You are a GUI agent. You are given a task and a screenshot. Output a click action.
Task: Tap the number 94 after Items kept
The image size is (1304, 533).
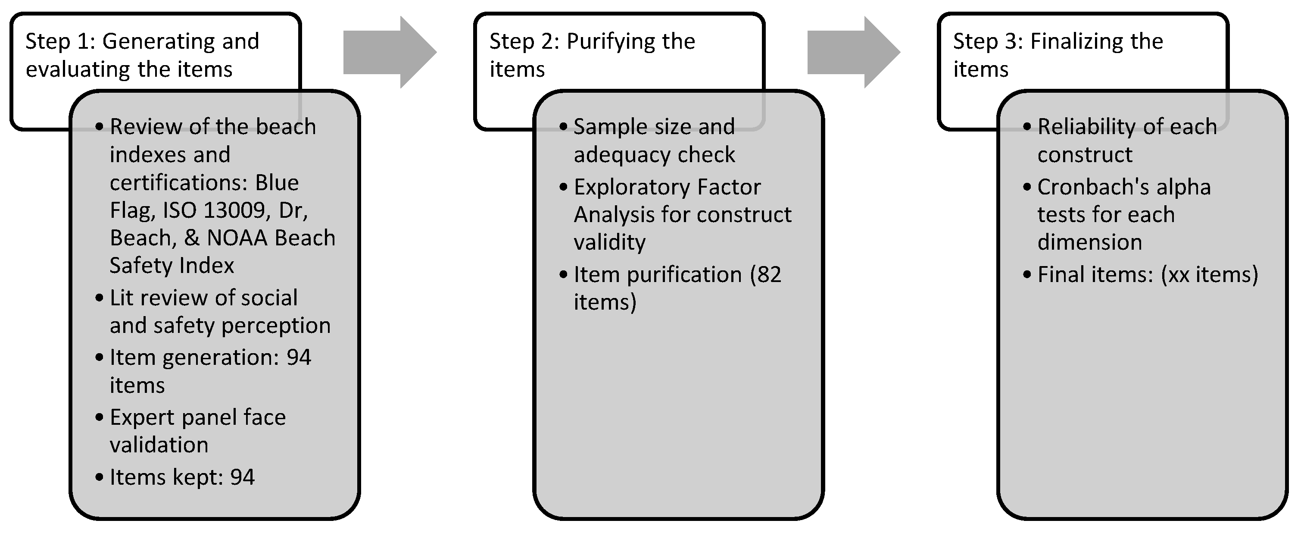(x=242, y=477)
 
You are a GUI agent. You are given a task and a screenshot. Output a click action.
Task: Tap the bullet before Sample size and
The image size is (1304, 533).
(x=563, y=127)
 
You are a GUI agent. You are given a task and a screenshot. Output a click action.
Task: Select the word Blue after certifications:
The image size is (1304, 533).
(x=276, y=182)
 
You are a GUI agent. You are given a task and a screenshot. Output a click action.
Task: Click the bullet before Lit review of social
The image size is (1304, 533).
(x=99, y=298)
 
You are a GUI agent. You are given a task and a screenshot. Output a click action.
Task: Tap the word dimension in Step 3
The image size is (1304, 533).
(x=1089, y=242)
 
